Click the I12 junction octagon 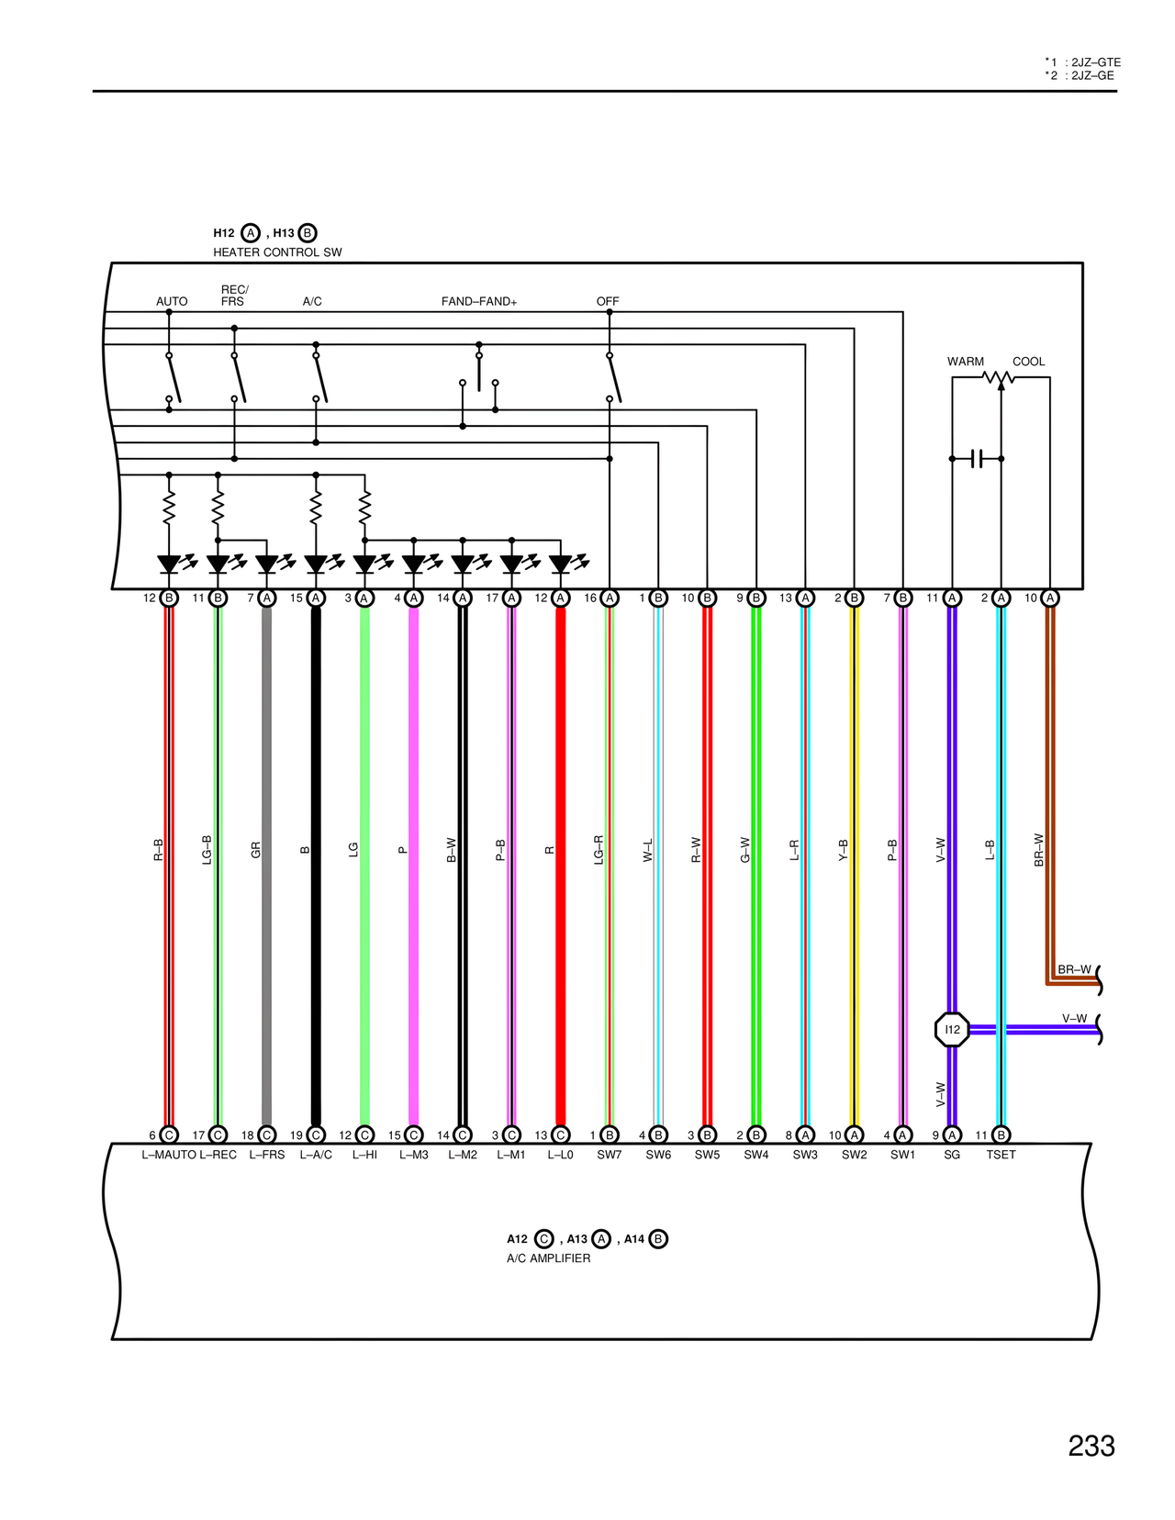click(952, 1029)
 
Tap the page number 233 click(1091, 1446)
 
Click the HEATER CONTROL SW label click(277, 252)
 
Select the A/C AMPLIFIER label click(548, 1258)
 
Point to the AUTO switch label click(172, 301)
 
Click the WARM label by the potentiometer click(965, 362)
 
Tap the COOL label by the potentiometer click(1028, 362)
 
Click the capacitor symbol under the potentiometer click(977, 458)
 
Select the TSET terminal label click(1001, 1155)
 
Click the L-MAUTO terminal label click(169, 1155)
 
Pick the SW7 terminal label click(610, 1155)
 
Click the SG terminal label click(952, 1155)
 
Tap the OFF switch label click(608, 301)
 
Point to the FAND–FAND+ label click(478, 301)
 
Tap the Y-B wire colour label click(843, 850)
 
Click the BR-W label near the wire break click(1074, 969)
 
